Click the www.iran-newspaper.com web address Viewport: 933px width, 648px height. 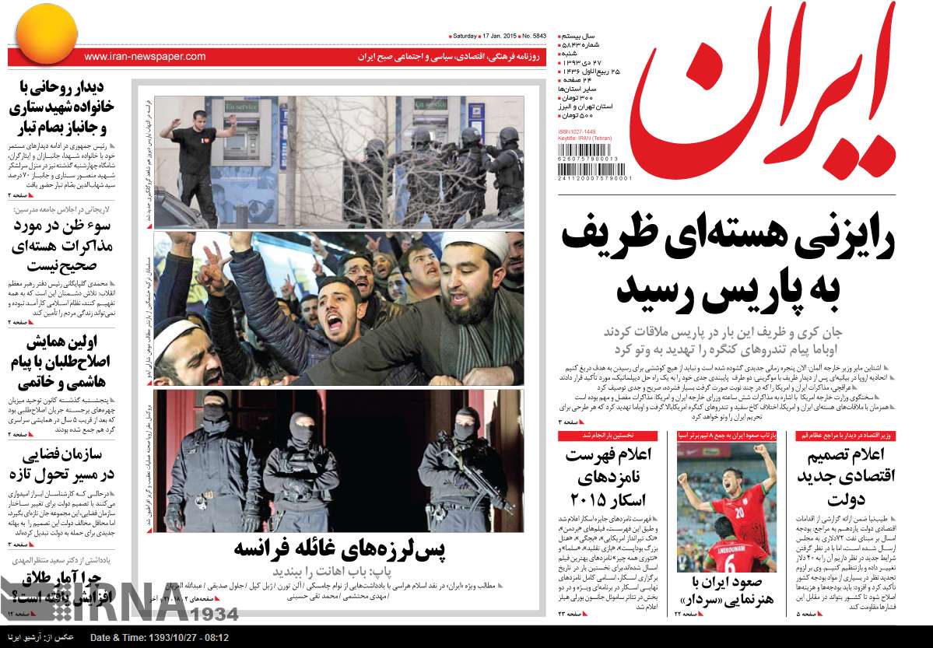coord(145,57)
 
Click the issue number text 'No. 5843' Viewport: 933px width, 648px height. coord(535,37)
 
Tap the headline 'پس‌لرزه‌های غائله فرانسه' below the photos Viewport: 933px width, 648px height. coord(339,549)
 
